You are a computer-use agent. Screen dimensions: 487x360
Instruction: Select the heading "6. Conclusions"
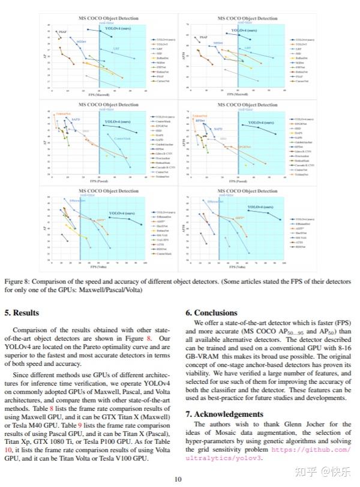point(212,312)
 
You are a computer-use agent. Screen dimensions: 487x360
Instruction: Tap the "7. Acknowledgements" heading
point(224,414)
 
